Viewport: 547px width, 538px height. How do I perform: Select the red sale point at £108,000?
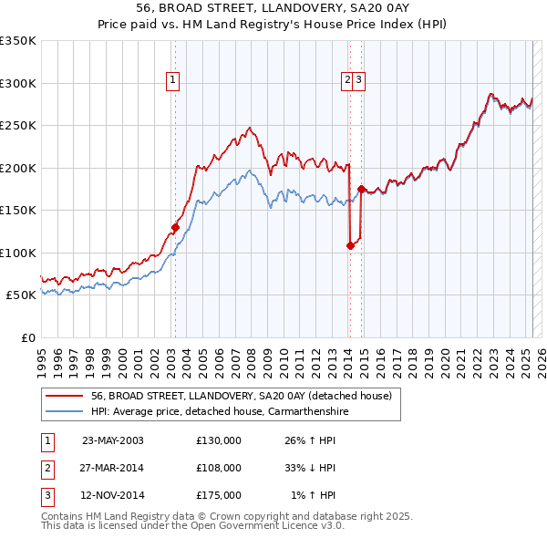click(350, 245)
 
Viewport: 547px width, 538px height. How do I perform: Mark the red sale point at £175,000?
click(361, 189)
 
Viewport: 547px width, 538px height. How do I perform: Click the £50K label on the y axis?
click(21, 295)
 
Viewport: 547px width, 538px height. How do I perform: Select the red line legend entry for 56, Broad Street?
click(241, 396)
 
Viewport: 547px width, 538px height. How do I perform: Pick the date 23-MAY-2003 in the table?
click(113, 440)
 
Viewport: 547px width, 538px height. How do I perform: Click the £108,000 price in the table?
click(219, 468)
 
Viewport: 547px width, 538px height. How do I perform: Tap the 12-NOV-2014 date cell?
click(113, 496)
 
